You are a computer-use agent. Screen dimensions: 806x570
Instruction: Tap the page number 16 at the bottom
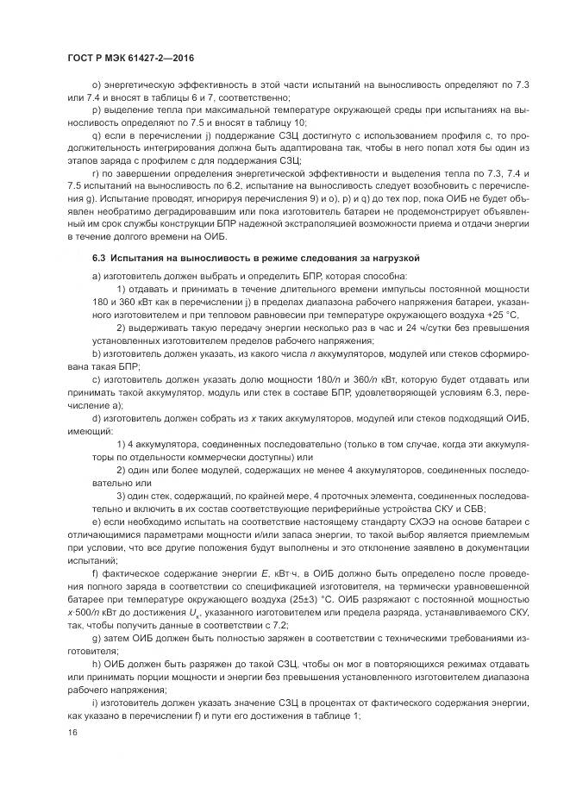71,732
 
